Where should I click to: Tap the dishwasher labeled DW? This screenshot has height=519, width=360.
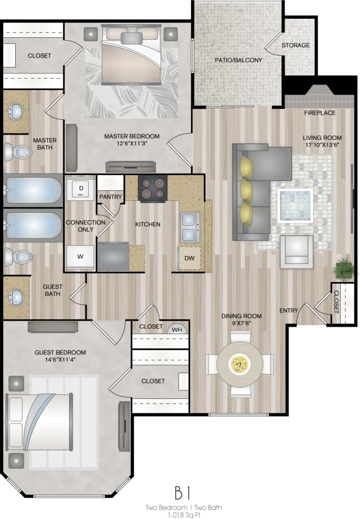coord(189,258)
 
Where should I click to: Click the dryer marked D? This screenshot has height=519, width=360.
coord(81,188)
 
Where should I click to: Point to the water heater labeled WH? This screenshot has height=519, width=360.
coord(177,329)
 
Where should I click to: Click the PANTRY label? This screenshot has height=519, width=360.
coord(111,197)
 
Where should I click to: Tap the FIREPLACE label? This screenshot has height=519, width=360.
coord(320,113)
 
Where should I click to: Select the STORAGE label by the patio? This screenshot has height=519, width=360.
coord(295,45)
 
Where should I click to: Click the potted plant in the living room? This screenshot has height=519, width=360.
coord(344,269)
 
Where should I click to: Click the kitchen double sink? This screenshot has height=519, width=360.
coord(189,227)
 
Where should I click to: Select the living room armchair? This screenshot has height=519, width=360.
coord(296,250)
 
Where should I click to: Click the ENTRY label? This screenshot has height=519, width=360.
coord(288,310)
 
